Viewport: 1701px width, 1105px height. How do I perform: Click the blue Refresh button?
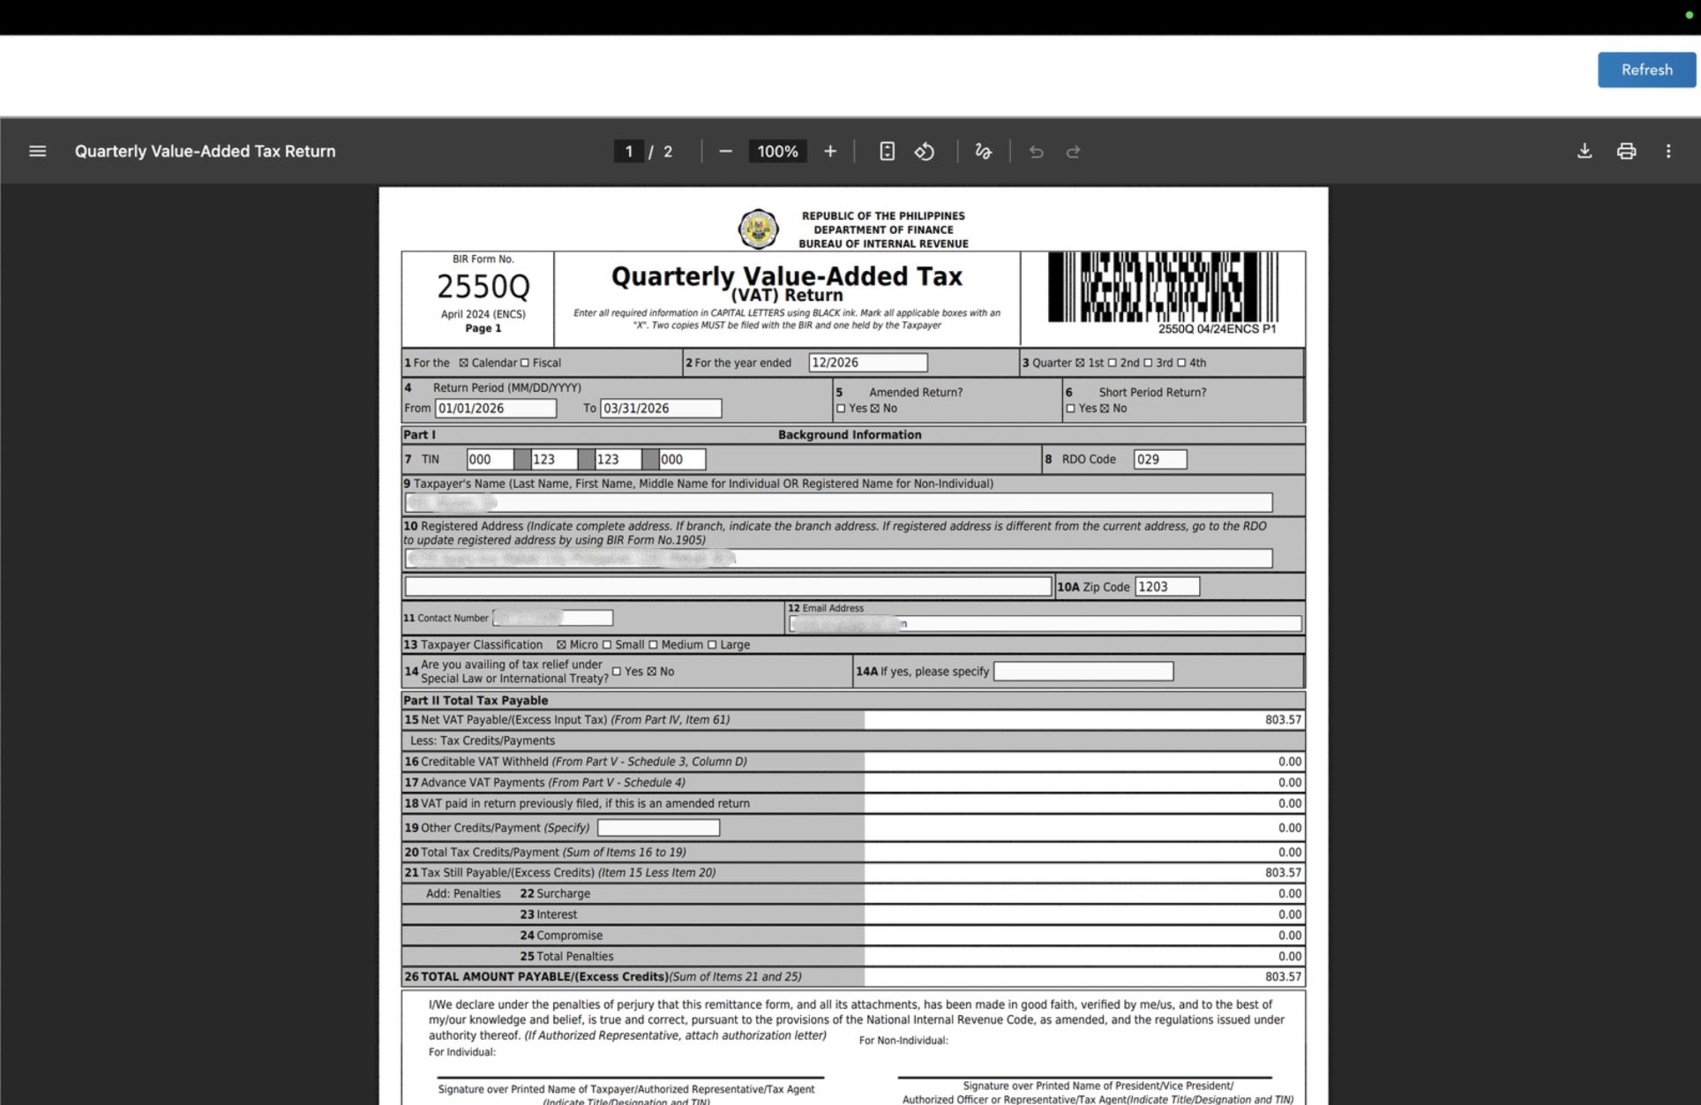(x=1645, y=70)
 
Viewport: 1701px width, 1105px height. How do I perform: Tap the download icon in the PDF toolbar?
(x=1584, y=151)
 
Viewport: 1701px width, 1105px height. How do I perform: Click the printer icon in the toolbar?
(x=1625, y=151)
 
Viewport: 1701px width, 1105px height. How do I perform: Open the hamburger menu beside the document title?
(x=37, y=151)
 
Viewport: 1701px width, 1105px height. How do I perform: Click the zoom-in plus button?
(x=829, y=151)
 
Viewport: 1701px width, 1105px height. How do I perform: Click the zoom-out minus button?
(x=725, y=151)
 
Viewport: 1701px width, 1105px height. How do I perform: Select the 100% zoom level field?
(x=777, y=151)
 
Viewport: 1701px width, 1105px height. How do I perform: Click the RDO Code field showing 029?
(x=1159, y=459)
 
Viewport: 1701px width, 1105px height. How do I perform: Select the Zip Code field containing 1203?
(x=1166, y=587)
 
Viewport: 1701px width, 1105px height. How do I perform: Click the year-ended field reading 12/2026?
(x=867, y=363)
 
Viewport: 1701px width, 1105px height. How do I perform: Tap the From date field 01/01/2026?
(x=495, y=409)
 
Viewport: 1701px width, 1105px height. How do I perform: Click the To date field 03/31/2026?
(x=660, y=409)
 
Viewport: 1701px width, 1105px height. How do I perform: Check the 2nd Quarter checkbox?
(x=1113, y=363)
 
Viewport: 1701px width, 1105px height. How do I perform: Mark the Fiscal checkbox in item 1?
(x=525, y=363)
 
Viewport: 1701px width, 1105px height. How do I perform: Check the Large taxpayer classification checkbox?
(x=712, y=645)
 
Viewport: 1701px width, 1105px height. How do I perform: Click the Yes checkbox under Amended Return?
(x=841, y=409)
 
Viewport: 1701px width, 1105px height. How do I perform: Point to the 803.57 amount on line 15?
(x=1282, y=720)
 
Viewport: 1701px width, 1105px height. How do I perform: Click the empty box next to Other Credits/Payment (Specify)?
(x=658, y=828)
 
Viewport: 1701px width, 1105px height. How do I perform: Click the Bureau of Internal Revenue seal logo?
(x=758, y=229)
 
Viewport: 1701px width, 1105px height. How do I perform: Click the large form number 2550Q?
(x=483, y=287)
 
